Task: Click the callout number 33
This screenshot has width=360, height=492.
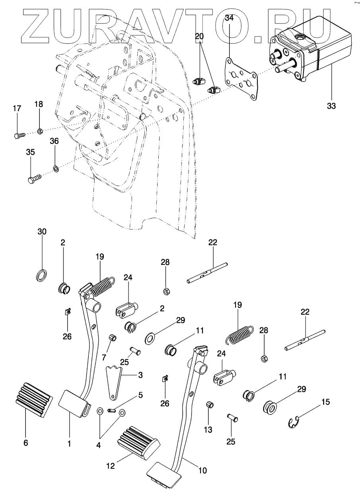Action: pos(331,107)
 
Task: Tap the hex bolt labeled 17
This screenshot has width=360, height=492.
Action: pos(18,135)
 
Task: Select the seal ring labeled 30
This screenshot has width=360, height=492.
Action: pos(41,275)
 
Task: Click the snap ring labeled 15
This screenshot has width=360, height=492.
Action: pos(293,422)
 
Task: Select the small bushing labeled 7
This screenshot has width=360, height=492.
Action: pos(113,338)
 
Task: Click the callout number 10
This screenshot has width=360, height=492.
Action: pos(203,471)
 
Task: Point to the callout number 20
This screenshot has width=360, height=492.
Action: pos(199,37)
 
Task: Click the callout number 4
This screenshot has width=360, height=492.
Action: pos(98,446)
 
